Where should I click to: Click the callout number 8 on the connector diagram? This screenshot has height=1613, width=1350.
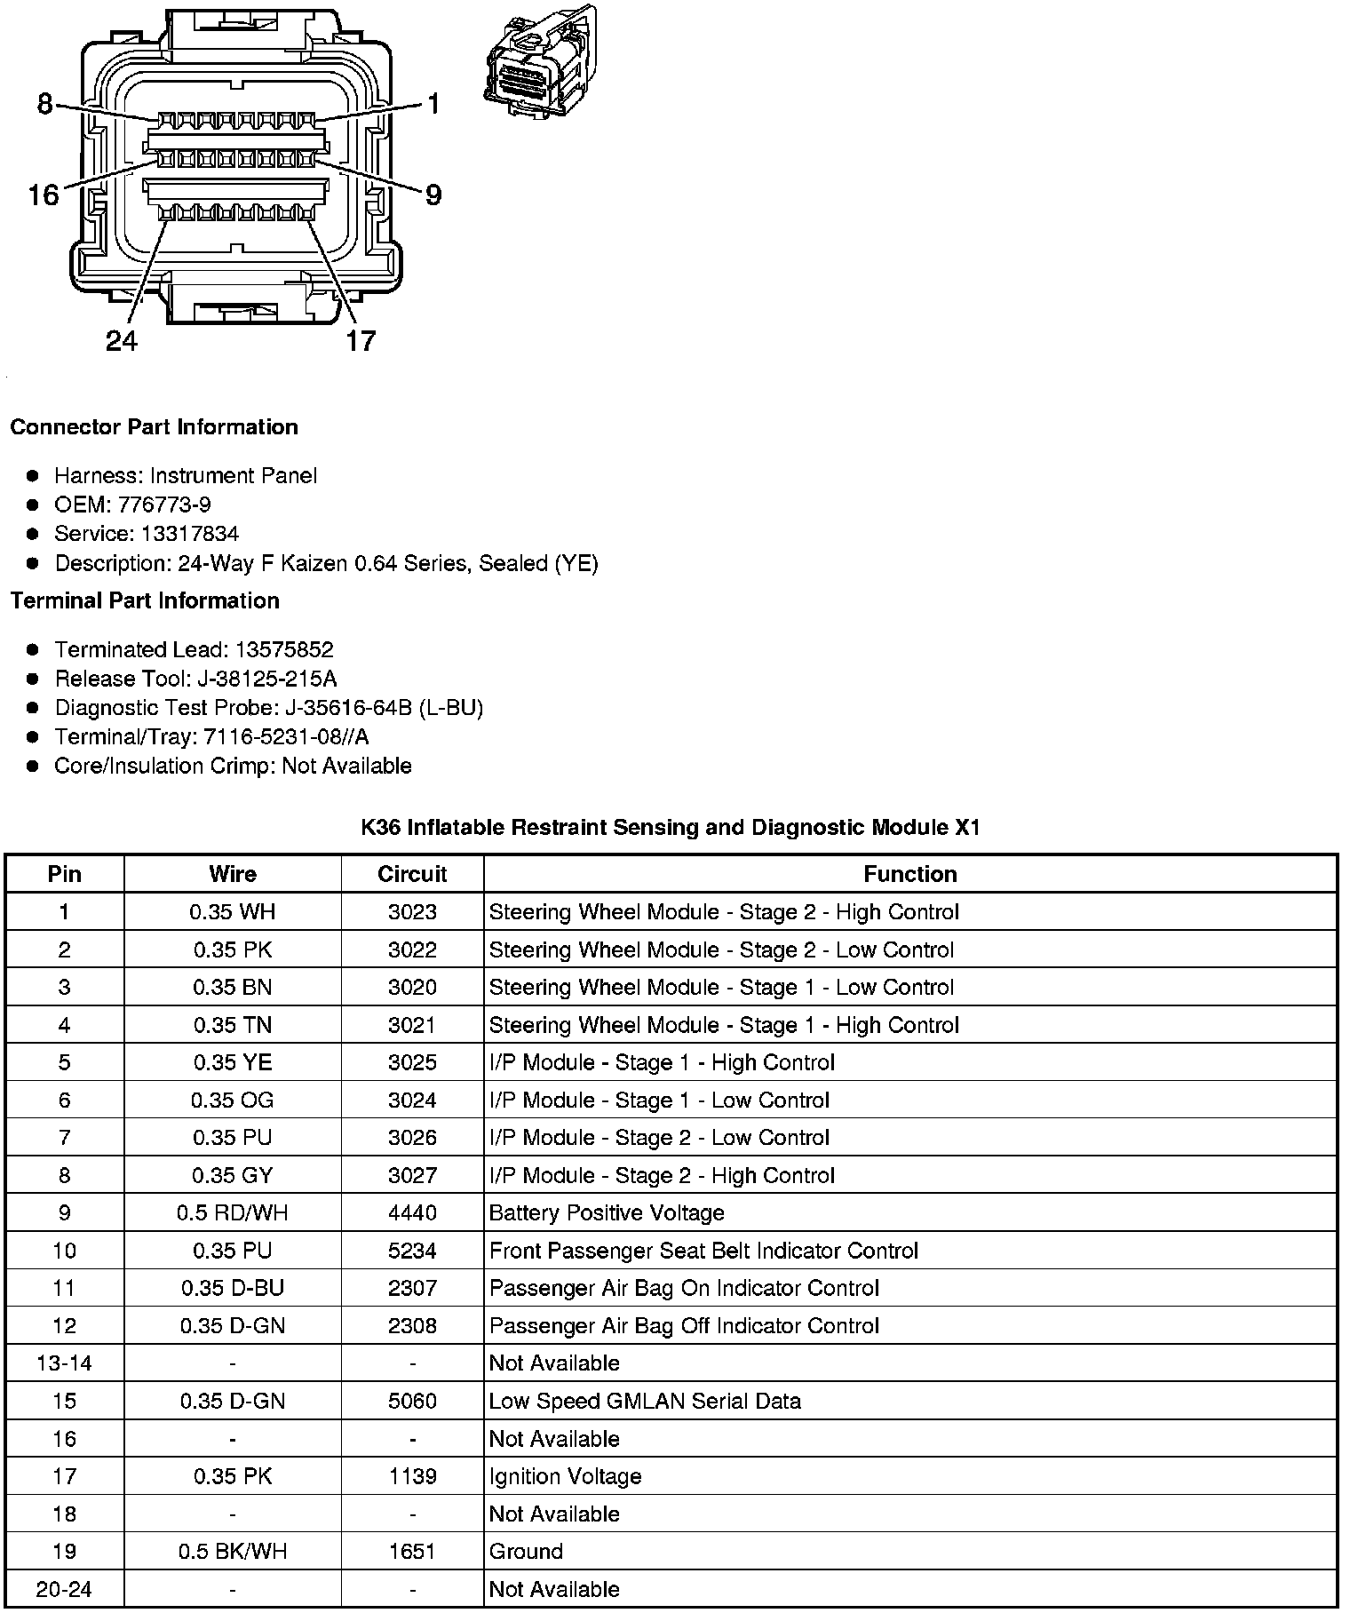pos(45,104)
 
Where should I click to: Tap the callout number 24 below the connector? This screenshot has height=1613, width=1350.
pos(122,340)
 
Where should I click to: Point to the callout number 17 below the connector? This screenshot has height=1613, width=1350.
pos(360,340)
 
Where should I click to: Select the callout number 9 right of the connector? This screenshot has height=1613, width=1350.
pos(433,195)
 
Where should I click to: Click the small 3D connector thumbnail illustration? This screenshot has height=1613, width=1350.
pos(539,60)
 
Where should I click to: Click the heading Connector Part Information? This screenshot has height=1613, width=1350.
pos(154,427)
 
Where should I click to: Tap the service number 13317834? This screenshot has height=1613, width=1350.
pos(190,534)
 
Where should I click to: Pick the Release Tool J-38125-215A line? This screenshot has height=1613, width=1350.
pos(195,679)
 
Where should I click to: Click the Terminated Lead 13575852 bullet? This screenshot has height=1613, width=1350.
pos(194,649)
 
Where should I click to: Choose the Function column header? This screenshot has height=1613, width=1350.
pos(910,874)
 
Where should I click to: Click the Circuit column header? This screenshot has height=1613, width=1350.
pos(412,874)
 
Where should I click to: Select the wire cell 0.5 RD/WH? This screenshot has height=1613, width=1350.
pos(233,1213)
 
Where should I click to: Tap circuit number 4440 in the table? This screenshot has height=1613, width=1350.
pos(412,1213)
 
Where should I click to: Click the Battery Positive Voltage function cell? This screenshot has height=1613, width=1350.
pos(607,1213)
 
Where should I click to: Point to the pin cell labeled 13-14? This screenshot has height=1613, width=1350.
pos(64,1363)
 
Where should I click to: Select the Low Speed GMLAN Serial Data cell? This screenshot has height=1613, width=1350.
pos(645,1401)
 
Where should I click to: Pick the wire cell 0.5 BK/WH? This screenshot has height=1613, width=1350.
pos(233,1552)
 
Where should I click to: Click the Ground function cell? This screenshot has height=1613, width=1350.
pos(526,1552)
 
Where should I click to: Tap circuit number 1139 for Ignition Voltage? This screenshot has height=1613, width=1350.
pos(412,1476)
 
